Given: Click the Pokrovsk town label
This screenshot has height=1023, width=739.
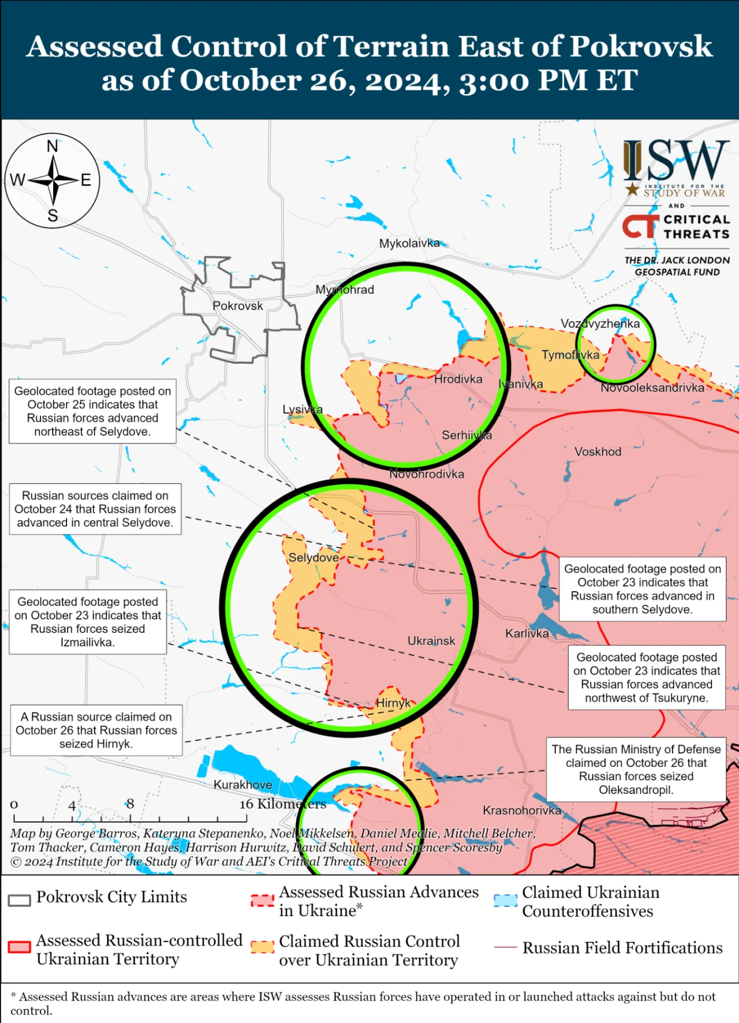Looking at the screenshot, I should [237, 306].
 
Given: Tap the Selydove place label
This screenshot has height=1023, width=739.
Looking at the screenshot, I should [313, 558].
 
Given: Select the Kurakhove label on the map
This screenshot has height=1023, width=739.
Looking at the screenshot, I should [242, 785].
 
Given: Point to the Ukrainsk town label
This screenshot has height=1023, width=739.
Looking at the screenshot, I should [431, 641].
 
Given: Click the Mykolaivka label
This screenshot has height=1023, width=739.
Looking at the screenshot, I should [409, 244].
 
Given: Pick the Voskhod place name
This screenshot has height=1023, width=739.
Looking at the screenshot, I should [598, 451].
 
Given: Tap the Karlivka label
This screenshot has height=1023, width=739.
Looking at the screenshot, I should [527, 633].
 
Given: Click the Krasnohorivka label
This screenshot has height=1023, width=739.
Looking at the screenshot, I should [521, 811].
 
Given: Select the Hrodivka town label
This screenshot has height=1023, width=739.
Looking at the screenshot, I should [458, 379].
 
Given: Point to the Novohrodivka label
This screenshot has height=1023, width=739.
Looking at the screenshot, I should [426, 474].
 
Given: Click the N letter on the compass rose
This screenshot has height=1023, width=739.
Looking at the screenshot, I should [53, 147].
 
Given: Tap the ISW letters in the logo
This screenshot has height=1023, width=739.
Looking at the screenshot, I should [676, 160].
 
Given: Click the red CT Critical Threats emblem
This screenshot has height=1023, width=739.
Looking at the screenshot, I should [640, 226].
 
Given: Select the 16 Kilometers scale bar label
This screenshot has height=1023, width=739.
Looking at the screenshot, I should [283, 804].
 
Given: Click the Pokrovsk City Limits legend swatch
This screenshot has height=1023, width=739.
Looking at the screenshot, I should [20, 901].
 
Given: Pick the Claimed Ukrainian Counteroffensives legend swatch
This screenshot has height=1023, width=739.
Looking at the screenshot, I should [505, 901].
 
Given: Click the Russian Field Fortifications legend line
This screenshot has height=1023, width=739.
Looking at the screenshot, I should [505, 948].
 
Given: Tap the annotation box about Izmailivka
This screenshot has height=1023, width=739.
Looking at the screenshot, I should [88, 622].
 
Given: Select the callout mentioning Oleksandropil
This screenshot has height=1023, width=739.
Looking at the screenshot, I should [636, 769].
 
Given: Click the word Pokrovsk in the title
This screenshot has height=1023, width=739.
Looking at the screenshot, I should [640, 46].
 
